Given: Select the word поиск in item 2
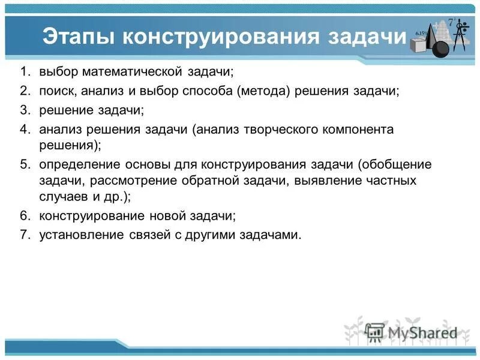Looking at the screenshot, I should (x=56, y=91).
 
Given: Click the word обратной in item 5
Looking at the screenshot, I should (x=220, y=181).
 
